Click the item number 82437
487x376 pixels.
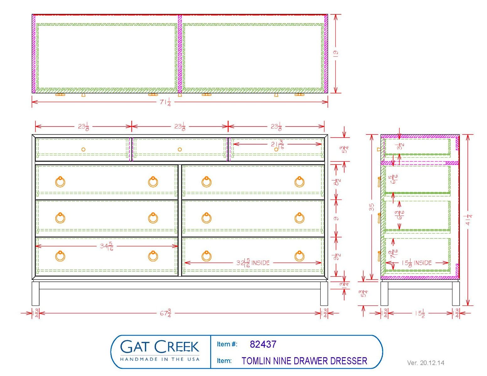click(263, 344)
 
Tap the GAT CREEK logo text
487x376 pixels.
click(160, 347)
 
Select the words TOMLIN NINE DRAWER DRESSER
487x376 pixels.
click(304, 361)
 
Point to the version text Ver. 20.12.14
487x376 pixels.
click(425, 363)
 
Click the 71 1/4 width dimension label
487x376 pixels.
click(165, 102)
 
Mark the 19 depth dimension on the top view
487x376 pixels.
click(336, 53)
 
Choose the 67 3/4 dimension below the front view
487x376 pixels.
click(165, 313)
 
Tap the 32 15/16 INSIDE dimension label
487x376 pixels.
click(253, 263)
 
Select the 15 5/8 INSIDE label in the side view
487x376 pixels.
click(417, 263)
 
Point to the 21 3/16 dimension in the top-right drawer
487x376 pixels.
click(277, 144)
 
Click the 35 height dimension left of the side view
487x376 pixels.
click(372, 207)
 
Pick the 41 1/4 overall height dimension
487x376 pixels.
click(468, 219)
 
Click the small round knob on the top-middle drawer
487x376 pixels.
click(179, 149)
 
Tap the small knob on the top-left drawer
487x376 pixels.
click(83, 149)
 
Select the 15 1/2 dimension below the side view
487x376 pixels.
click(420, 313)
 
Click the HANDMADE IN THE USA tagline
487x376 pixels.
click(160, 359)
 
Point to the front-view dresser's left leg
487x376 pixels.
click(35, 293)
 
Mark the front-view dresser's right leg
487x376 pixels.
click(324, 293)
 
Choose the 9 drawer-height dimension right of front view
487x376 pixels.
click(336, 218)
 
